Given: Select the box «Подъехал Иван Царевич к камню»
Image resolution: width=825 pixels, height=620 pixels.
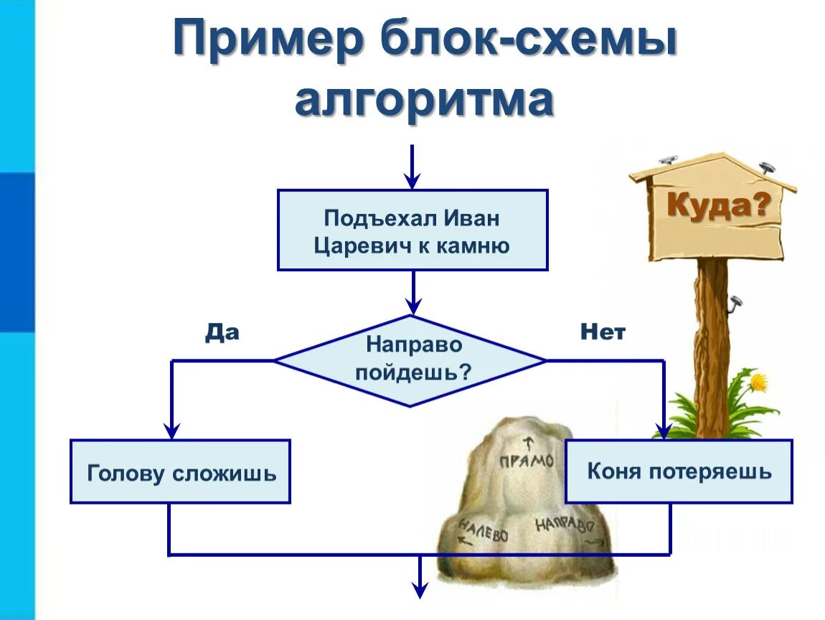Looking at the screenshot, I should pyautogui.click(x=412, y=230).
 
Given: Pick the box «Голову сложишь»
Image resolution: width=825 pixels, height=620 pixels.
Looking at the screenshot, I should pyautogui.click(x=180, y=472).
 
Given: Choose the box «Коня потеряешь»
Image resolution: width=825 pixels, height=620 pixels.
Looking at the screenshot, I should pyautogui.click(x=679, y=471).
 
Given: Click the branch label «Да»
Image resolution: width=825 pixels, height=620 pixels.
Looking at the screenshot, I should pyautogui.click(x=222, y=332).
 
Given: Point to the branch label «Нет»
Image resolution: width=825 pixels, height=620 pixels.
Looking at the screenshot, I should pyautogui.click(x=602, y=332).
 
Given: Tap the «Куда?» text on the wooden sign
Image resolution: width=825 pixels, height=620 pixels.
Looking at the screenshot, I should pyautogui.click(x=718, y=207).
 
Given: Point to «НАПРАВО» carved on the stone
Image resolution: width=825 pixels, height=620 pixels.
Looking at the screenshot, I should pyautogui.click(x=564, y=523).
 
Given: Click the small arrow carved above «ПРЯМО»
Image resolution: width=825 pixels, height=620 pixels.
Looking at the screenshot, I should pyautogui.click(x=530, y=442).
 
